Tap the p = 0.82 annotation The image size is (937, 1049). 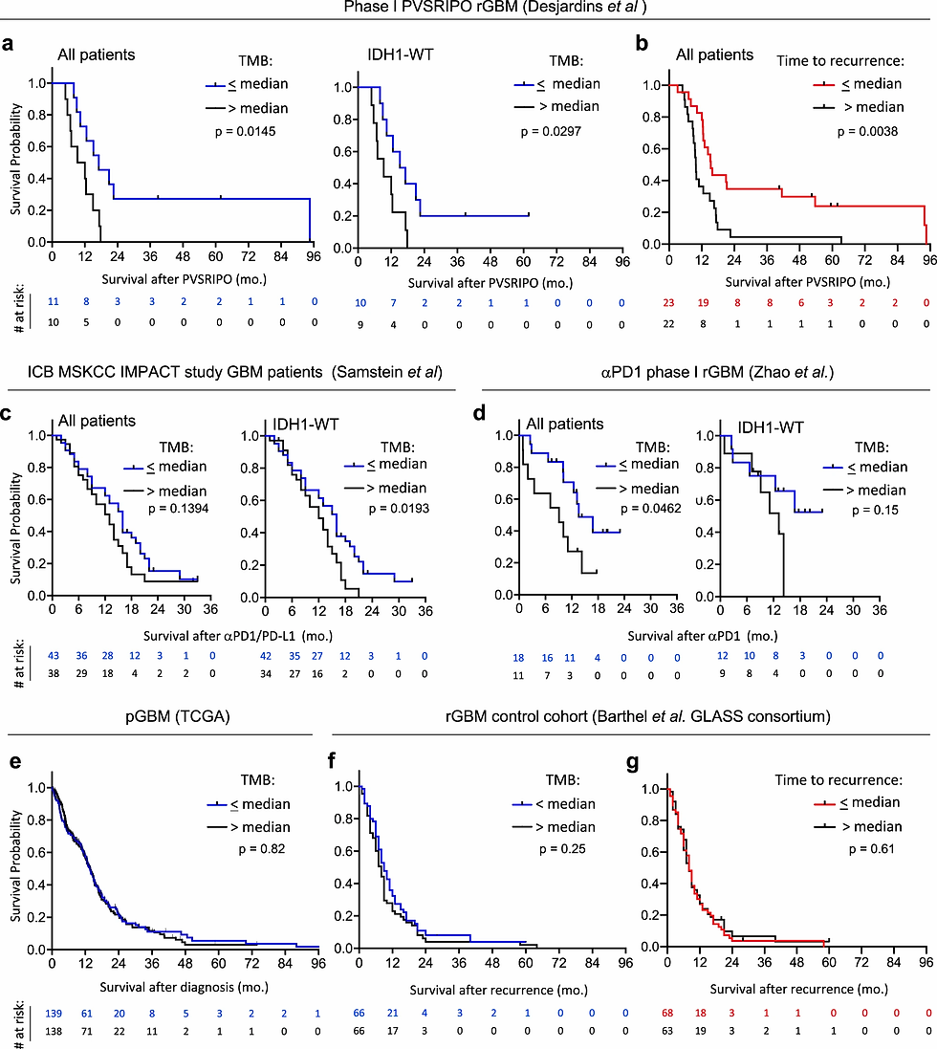tap(260, 848)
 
